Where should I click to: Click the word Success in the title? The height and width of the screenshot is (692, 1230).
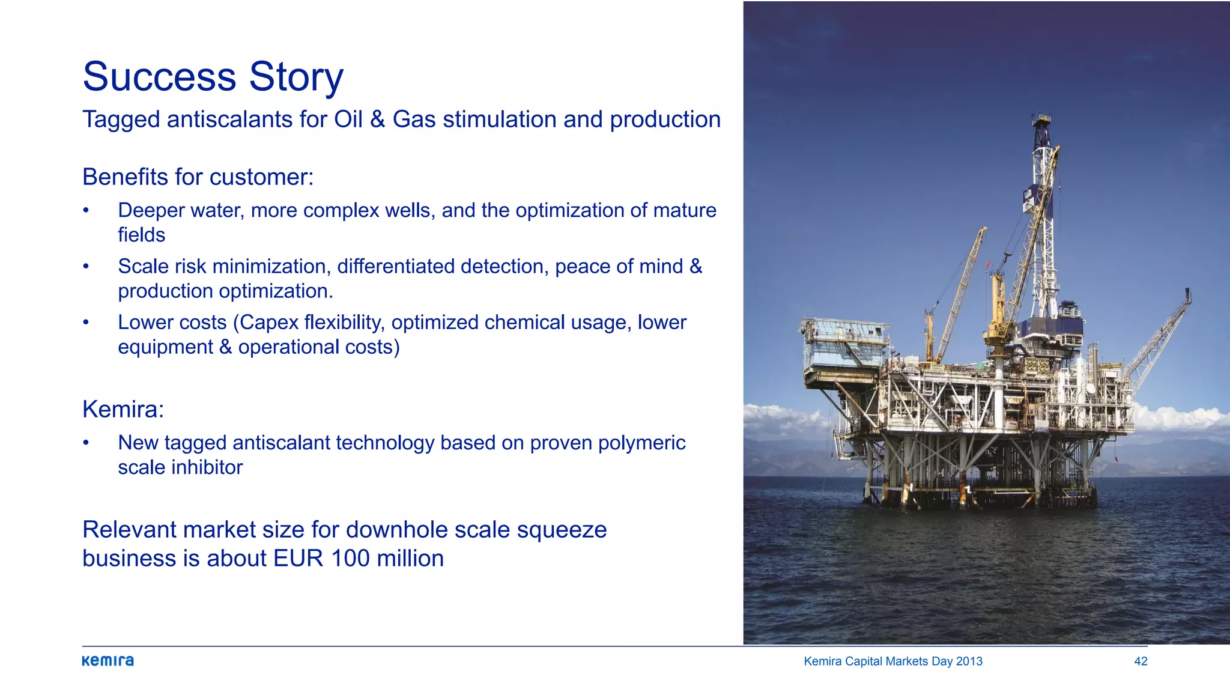[x=159, y=77]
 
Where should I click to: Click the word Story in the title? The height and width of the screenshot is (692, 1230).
[x=296, y=78]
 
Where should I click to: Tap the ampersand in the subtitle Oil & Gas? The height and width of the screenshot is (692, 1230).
[x=377, y=120]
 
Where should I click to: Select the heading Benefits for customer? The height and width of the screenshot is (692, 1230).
[x=198, y=177]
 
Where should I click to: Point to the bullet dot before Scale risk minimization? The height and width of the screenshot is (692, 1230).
[x=86, y=266]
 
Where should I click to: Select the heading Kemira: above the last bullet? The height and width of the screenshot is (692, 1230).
[x=123, y=410]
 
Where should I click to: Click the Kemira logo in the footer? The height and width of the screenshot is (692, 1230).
[x=108, y=661]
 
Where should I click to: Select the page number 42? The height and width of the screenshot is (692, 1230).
[x=1141, y=661]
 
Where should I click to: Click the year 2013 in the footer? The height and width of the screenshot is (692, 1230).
[x=969, y=661]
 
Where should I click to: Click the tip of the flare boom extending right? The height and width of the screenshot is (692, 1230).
[x=1187, y=293]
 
